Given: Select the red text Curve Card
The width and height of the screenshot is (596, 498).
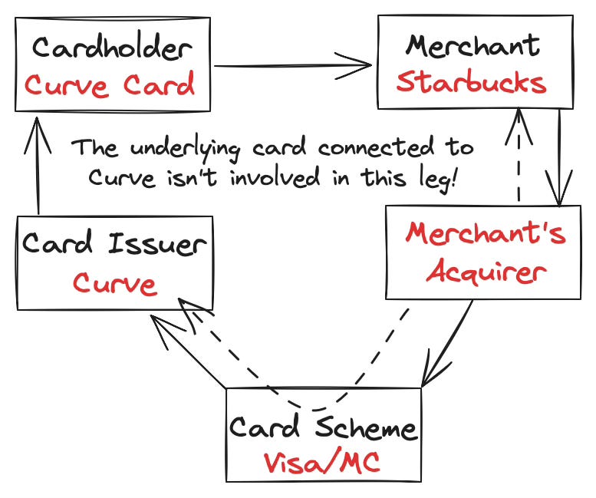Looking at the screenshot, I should click(110, 84).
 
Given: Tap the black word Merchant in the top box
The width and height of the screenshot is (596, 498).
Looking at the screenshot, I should click(473, 45).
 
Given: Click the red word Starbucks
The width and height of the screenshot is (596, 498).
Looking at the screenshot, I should click(471, 83).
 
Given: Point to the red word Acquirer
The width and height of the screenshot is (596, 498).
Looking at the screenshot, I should click(486, 271).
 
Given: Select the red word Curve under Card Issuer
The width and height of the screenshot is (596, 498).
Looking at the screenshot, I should click(115, 284).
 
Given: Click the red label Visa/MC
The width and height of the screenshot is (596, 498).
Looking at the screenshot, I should click(322, 463).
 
